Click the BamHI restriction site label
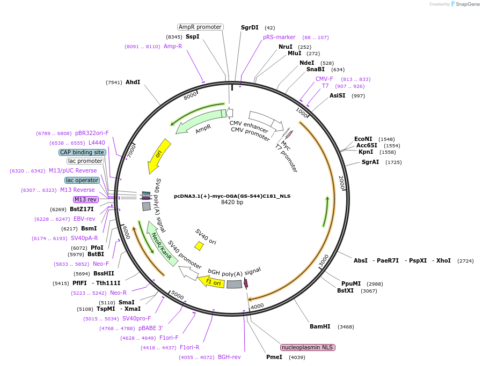pyautogui.click(x=320, y=326)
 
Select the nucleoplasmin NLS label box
pyautogui.click(x=308, y=347)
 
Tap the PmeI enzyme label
pyautogui.click(x=274, y=357)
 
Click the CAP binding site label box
pyautogui.click(x=82, y=152)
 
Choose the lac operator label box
pyautogui.click(x=82, y=180)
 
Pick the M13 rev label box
pyautogui.click(x=86, y=199)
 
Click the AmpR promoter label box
pyautogui.click(x=200, y=27)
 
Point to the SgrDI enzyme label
pyautogui.click(x=250, y=27)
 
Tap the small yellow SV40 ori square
pyautogui.click(x=199, y=245)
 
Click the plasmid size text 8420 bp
pyautogui.click(x=232, y=202)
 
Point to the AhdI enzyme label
pyautogui.click(x=133, y=82)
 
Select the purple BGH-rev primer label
pyautogui.click(x=229, y=357)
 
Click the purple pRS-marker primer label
pyautogui.click(x=279, y=38)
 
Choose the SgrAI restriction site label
pyautogui.click(x=370, y=162)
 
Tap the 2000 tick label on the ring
pyautogui.click(x=341, y=183)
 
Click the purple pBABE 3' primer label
pyautogui.click(x=150, y=328)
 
